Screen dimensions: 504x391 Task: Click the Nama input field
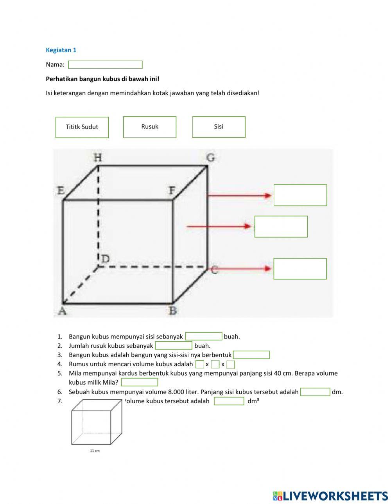(105, 65)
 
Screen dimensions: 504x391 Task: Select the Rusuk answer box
(150, 127)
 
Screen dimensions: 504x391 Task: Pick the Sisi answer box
(219, 127)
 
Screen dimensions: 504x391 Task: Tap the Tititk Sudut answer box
(82, 127)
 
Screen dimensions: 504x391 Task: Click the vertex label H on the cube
(98, 157)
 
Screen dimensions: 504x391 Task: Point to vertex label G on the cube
(211, 157)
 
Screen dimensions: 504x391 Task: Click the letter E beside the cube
(61, 191)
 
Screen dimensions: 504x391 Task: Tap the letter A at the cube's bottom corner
(62, 311)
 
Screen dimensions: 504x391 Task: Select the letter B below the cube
(172, 311)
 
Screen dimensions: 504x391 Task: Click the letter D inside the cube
(106, 258)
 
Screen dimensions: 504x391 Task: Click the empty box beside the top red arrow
(300, 195)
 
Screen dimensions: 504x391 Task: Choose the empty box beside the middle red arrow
(281, 226)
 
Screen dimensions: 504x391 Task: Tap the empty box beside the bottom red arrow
(300, 269)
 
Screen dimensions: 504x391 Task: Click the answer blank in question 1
(204, 336)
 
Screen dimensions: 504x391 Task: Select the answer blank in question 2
(174, 345)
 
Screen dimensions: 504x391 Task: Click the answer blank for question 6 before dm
(315, 392)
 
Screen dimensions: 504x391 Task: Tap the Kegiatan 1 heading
(61, 50)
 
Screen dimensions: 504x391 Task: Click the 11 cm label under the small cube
(95, 451)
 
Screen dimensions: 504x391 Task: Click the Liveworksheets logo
(330, 496)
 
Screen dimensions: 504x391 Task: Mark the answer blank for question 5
(140, 382)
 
